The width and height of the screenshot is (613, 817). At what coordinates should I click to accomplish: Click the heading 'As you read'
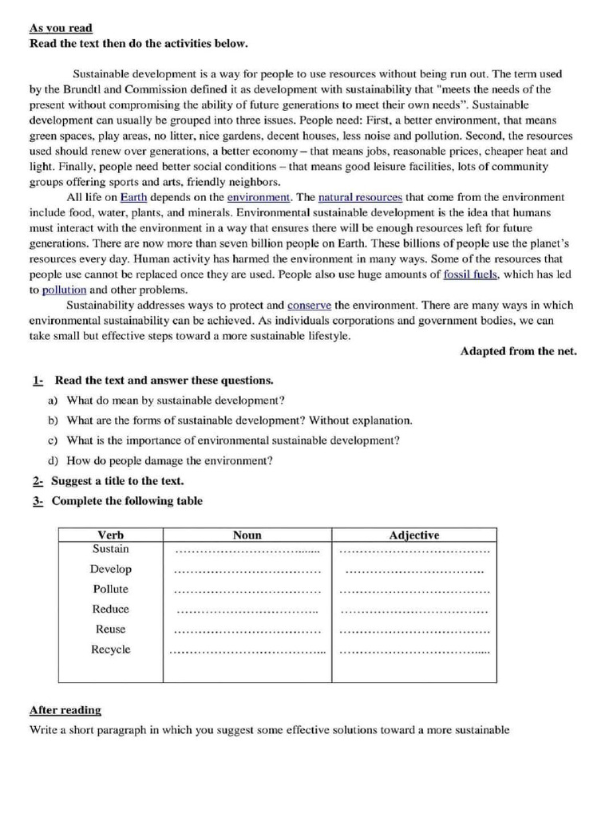pos(61,28)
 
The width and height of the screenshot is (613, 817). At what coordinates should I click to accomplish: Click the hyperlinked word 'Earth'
pos(133,197)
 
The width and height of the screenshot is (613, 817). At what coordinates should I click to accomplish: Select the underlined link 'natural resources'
pos(360,197)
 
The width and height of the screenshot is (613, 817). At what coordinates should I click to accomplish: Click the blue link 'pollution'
pos(64,290)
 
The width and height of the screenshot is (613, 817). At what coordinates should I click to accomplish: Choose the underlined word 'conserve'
pos(310,306)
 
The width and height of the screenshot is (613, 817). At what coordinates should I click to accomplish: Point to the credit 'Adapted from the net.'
pos(518,352)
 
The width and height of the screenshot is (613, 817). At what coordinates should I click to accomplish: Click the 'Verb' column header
pos(110,535)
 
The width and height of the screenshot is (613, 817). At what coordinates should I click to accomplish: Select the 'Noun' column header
pos(247,535)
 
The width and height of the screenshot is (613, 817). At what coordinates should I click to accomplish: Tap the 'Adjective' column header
pos(413,535)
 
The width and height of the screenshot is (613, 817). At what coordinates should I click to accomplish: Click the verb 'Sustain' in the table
pos(110,550)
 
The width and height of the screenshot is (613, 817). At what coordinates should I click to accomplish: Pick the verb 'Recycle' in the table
pos(110,649)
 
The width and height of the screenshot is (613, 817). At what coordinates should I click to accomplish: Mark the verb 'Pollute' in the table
pos(110,589)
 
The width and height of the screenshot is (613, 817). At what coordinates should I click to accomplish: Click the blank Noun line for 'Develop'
pos(247,572)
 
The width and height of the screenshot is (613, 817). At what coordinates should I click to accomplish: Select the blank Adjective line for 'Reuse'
pos(414,632)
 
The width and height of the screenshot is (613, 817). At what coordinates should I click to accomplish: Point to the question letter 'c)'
pos(53,440)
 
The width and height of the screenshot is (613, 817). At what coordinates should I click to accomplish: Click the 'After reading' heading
pos(65,710)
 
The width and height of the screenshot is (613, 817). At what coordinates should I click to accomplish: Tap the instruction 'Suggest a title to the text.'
pos(117,481)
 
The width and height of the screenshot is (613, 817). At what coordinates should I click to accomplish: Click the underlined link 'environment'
pos(259,197)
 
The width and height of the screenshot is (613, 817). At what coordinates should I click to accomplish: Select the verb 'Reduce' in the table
pos(110,609)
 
